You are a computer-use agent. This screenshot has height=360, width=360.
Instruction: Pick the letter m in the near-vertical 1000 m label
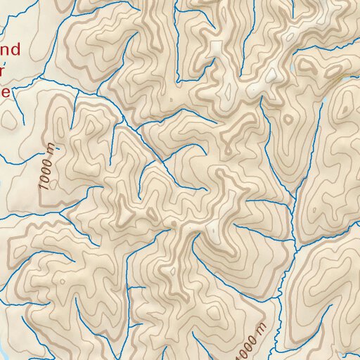coord(51,148)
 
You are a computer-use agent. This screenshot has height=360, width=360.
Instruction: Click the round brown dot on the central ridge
coord(174,223)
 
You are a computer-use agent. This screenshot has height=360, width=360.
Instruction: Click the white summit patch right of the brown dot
coord(212,229)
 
